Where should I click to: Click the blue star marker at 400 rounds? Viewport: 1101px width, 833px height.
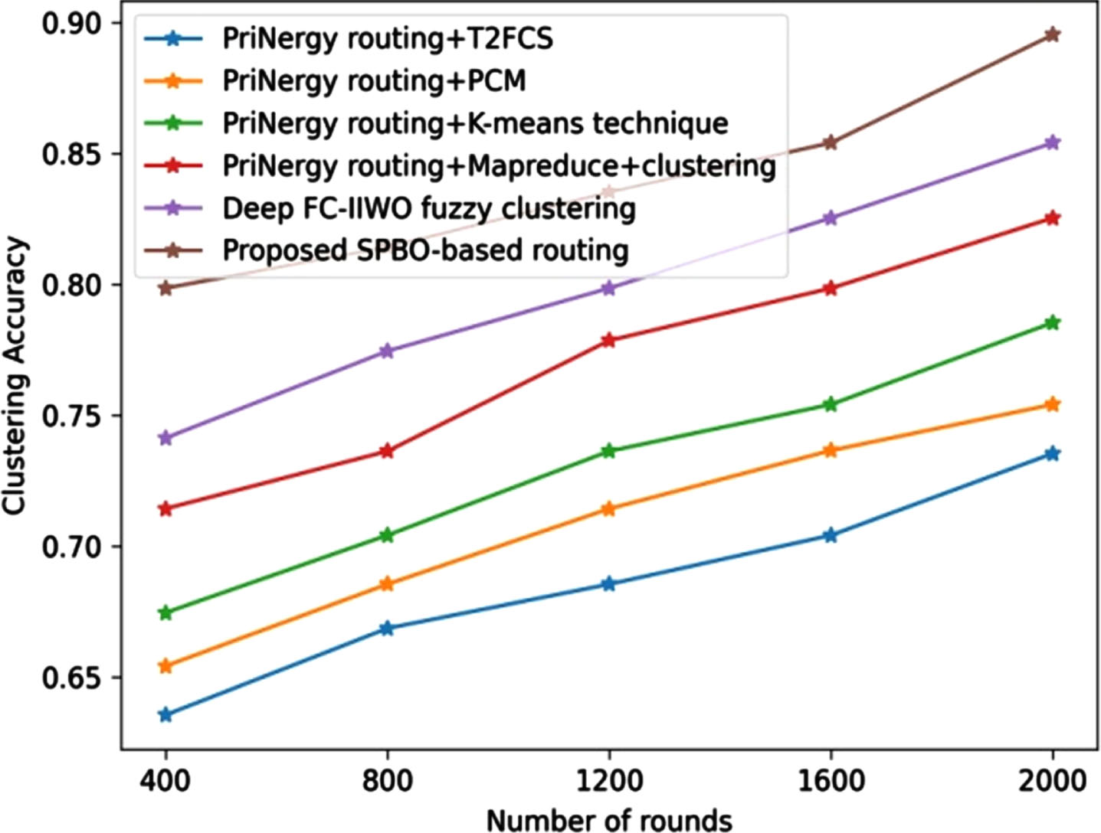pos(165,715)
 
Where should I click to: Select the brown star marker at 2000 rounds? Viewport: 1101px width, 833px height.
pos(1052,34)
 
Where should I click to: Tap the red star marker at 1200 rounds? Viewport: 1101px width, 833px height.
pos(608,340)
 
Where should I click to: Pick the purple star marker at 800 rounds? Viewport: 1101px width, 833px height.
pos(387,351)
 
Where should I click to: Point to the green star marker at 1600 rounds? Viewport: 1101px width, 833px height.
pos(831,404)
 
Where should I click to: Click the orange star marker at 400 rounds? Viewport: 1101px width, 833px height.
pos(165,666)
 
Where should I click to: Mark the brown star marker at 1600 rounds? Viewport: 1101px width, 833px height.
pos(831,142)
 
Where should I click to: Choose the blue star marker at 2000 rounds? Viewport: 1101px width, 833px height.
pos(1052,453)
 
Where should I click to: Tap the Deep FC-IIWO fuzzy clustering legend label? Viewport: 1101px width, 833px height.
pos(429,208)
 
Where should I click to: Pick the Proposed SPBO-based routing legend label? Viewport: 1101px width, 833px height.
pos(426,250)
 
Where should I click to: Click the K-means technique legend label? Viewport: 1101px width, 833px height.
pos(598,123)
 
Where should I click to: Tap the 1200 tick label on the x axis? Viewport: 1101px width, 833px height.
pos(609,782)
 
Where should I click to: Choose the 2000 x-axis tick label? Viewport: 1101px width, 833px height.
pos(1052,782)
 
